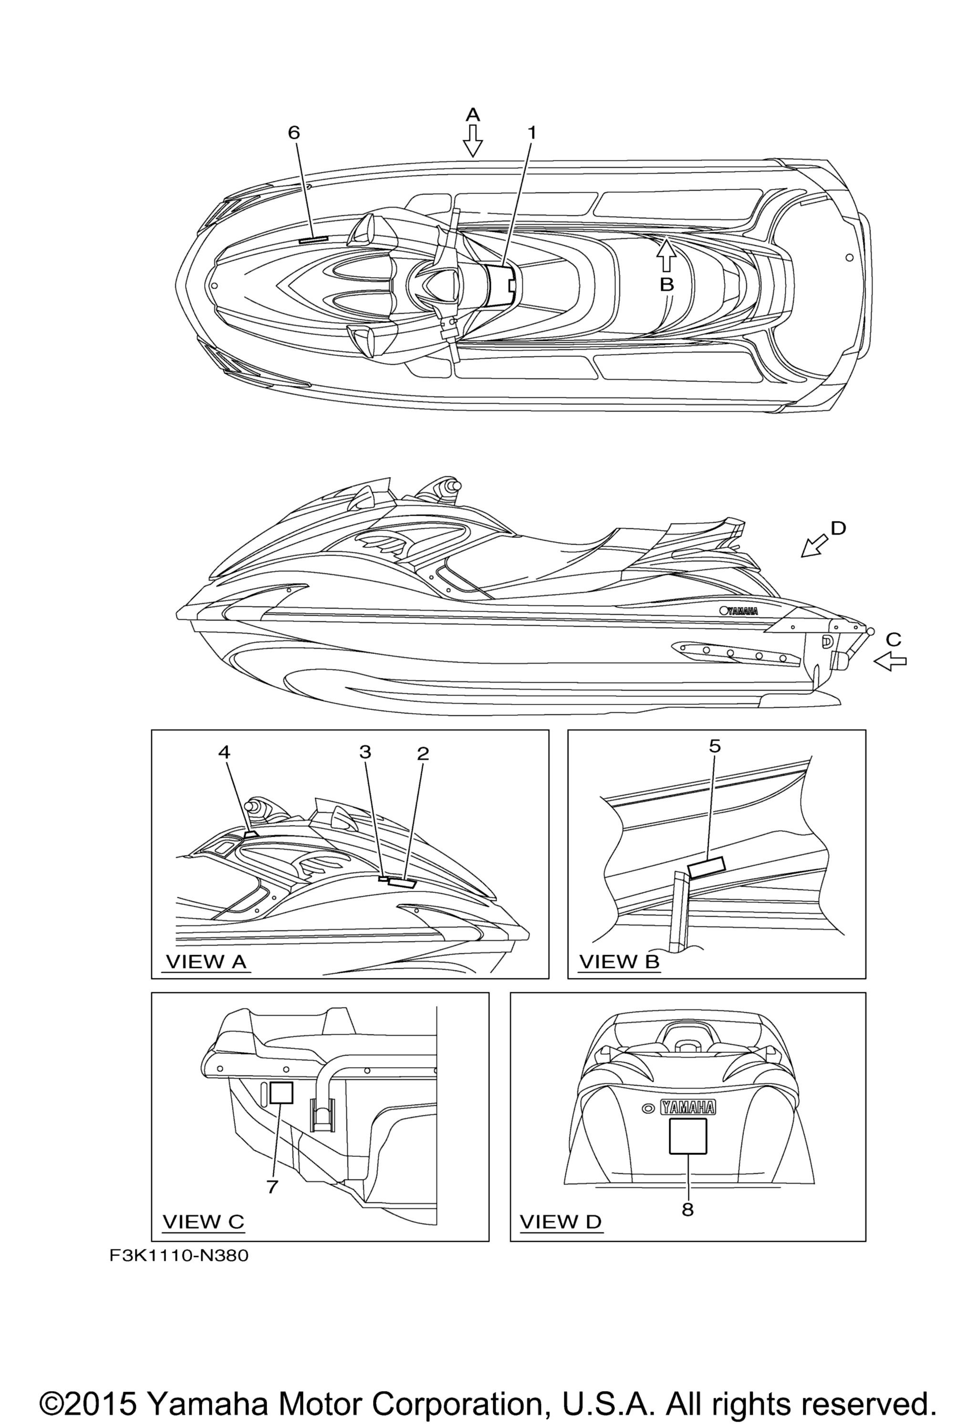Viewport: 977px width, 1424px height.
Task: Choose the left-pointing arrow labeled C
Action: (x=890, y=661)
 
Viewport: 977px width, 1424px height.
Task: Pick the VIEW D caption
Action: (x=561, y=1221)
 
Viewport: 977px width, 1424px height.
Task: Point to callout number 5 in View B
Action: (x=715, y=746)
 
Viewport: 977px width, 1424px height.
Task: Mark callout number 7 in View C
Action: (x=272, y=1187)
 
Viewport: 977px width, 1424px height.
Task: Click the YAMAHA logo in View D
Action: (x=687, y=1107)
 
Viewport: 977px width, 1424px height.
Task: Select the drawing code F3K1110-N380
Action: (x=179, y=1257)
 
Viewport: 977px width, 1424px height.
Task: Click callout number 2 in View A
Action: (x=423, y=754)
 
